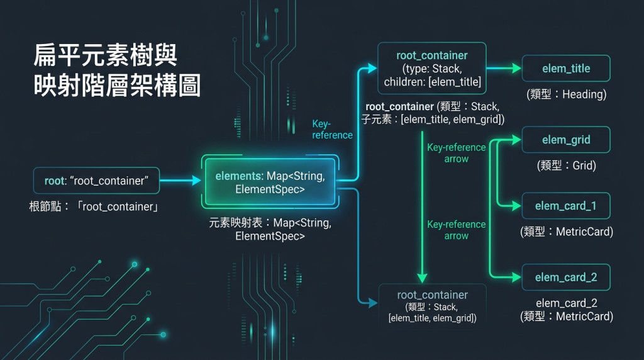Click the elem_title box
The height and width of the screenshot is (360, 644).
coord(566,68)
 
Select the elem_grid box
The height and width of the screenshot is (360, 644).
coord(566,140)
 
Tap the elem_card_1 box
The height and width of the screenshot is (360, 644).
coord(566,205)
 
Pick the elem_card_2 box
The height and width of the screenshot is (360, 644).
coord(566,278)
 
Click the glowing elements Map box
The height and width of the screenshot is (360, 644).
coord(270,182)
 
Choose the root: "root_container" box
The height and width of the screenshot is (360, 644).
coord(96,181)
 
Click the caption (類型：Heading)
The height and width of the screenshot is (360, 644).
coord(567,94)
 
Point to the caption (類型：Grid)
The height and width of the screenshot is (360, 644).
coord(567,166)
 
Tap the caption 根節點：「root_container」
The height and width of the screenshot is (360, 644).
coord(94,206)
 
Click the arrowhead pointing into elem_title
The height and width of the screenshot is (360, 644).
coord(517,68)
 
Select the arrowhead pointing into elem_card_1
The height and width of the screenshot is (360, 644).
coord(517,205)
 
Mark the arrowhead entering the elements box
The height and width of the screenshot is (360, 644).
coord(196,181)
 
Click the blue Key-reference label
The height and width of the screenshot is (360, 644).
coord(332,130)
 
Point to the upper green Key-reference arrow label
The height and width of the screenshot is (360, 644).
coord(457,153)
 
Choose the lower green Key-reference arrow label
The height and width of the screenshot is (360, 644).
coord(457,230)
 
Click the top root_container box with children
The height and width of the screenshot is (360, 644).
coord(432,68)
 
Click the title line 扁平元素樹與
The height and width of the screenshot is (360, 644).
coord(105,55)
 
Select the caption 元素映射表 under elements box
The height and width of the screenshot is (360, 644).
coord(270,229)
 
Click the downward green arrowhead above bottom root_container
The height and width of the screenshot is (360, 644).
coord(422,278)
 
